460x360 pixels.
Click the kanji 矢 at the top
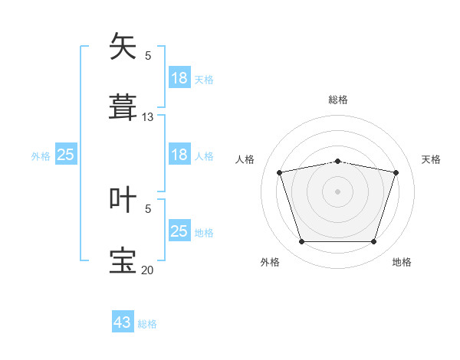click(123, 46)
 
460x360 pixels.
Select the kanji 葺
click(123, 107)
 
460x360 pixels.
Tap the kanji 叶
click(123, 199)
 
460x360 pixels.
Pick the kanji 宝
click(123, 260)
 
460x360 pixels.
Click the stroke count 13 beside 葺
click(147, 117)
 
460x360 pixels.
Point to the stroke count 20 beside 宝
click(147, 270)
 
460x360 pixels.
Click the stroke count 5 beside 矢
click(148, 56)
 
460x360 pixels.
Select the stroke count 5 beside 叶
click(148, 209)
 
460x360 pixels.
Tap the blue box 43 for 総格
click(123, 321)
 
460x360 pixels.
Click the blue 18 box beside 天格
click(180, 77)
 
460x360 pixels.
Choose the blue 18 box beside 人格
click(180, 154)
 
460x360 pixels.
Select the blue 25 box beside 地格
click(180, 230)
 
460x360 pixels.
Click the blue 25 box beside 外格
click(66, 154)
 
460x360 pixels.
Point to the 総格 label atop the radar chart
click(338, 100)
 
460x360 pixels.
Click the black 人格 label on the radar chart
click(245, 159)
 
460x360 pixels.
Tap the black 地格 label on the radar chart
click(402, 262)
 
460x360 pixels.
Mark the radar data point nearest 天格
click(396, 172)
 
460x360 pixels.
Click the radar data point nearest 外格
click(302, 241)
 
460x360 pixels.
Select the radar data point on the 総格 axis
click(338, 162)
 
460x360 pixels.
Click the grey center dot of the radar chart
click(337, 191)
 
